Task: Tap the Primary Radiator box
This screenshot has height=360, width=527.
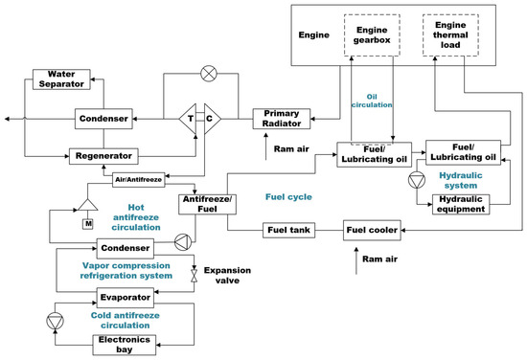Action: pos(283,118)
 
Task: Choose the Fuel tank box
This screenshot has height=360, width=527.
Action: pos(292,230)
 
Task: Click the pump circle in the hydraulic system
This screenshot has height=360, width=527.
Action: pos(414,179)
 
